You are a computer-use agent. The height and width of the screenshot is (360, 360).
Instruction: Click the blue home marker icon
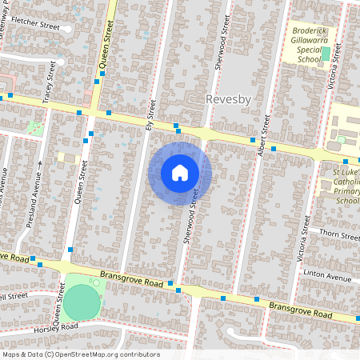[x=180, y=173]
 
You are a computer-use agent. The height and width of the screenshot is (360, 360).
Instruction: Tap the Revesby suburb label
[x=229, y=100]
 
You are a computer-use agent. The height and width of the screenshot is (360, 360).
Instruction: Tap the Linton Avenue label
[x=328, y=277]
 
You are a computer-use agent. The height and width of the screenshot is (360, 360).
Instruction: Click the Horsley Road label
[x=56, y=326]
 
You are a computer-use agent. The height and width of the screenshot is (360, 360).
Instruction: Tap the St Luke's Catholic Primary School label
[x=346, y=186]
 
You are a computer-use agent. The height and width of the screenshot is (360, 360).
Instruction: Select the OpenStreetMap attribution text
[x=81, y=354]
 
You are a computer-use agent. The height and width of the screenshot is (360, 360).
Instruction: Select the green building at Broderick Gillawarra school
[x=326, y=54]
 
